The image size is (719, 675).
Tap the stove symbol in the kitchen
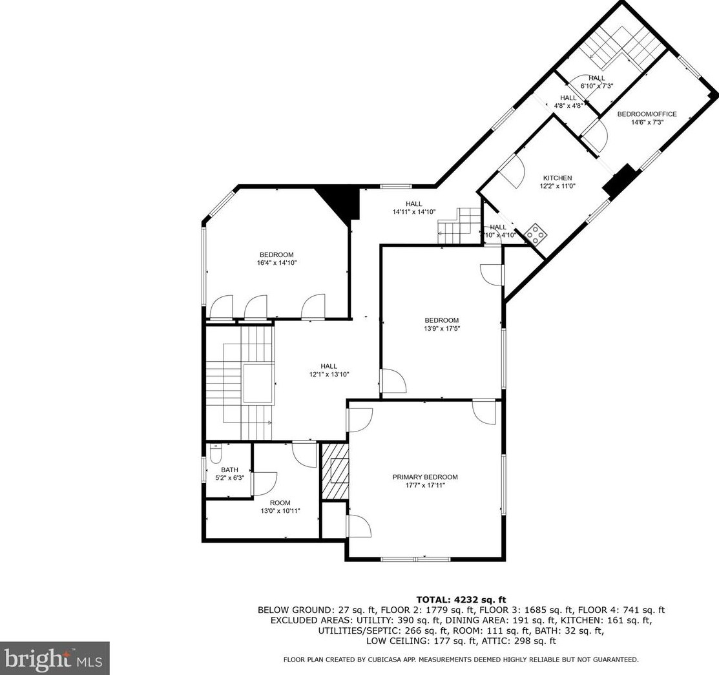coord(535,234)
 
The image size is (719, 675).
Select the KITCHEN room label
coord(557,178)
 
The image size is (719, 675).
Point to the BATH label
coord(229,470)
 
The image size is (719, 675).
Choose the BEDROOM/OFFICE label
coord(647,114)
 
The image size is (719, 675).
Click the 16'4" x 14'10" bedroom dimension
coord(276,263)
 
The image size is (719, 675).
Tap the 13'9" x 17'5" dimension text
coord(442,328)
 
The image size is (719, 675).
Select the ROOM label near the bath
coord(280,503)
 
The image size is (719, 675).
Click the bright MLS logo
coord(54,658)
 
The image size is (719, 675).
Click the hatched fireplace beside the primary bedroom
coord(335,471)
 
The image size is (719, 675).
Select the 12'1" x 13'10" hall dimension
coord(329,374)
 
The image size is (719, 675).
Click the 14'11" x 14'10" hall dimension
coord(414,212)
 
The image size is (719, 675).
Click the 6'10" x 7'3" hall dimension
coord(596,86)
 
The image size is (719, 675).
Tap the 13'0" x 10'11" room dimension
coord(280,511)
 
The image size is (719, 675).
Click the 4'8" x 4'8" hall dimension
coord(568,105)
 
